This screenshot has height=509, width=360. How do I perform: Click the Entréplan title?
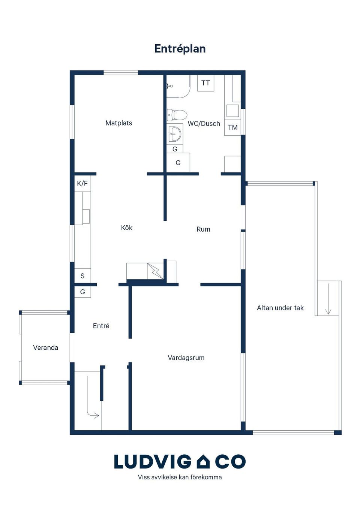(180, 49)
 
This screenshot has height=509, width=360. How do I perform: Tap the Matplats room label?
(118, 123)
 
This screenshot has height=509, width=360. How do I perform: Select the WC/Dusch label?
(204, 124)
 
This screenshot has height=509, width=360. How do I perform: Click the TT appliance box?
(205, 83)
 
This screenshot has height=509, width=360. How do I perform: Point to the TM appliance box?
(232, 127)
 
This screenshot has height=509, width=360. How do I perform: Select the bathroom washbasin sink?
(175, 134)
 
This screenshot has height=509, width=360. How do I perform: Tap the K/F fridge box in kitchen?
(82, 183)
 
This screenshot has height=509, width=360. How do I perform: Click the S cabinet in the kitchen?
(82, 276)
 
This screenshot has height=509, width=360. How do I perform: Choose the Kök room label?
(127, 228)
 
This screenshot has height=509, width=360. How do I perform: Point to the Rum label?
(203, 229)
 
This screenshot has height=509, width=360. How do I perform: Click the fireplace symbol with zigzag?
(155, 271)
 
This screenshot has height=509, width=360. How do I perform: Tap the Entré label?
(101, 326)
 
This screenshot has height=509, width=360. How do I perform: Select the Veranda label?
(45, 348)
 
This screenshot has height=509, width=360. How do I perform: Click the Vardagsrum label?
(186, 358)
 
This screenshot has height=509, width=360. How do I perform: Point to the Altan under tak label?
(280, 308)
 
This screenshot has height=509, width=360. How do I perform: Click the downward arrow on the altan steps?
(328, 299)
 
